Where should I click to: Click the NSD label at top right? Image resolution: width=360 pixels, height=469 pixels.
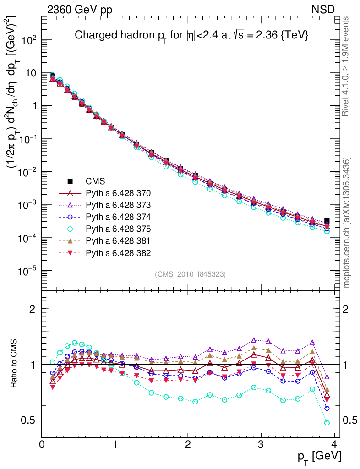pos(323,10)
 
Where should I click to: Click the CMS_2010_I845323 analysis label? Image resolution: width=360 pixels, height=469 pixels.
pos(190,274)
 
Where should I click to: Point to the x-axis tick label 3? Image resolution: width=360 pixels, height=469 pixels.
pos(261,444)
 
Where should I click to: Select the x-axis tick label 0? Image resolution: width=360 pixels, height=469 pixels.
pos(42,444)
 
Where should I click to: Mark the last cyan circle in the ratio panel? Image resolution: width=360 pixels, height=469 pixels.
pos(327,423)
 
